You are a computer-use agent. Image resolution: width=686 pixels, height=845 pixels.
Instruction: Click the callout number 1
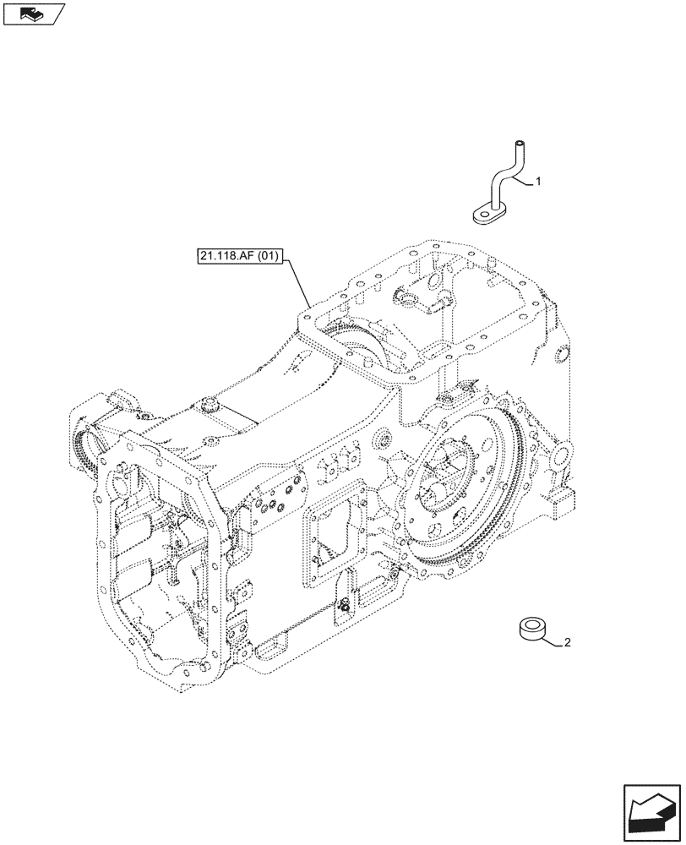click(x=538, y=181)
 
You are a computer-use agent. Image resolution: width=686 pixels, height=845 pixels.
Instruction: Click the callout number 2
click(x=567, y=643)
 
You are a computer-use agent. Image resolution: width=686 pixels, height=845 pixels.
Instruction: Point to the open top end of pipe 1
click(x=520, y=144)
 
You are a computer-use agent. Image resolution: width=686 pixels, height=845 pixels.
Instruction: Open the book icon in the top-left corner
click(x=33, y=14)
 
